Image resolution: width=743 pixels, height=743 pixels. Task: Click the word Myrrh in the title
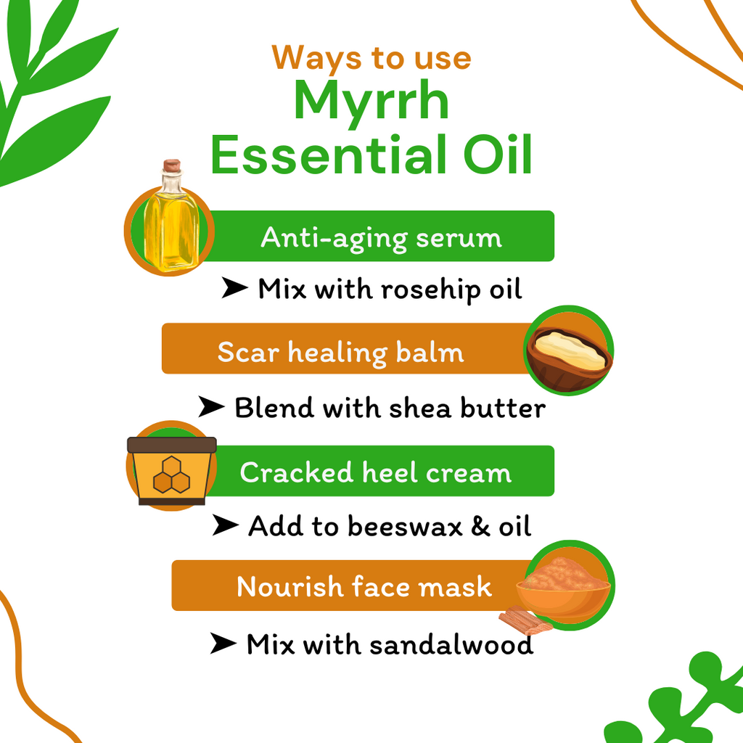[x=371, y=104]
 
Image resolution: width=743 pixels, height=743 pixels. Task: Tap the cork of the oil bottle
[x=171, y=166]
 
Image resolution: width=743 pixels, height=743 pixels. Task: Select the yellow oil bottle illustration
[x=171, y=225]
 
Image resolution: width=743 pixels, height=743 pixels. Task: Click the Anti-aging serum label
[x=381, y=237]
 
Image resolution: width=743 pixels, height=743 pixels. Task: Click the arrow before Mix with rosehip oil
[x=234, y=289]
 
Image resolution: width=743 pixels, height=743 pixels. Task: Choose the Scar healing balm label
[x=340, y=352]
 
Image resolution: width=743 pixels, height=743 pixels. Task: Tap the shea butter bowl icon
[x=569, y=351]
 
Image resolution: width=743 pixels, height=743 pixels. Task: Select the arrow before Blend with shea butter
[x=211, y=408]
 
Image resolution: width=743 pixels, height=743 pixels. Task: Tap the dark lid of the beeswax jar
[x=172, y=445]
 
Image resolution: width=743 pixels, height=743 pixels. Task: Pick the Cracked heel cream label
[x=375, y=472]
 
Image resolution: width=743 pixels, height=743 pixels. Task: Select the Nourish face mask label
[x=364, y=586]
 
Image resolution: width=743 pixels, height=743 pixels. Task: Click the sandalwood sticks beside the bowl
[x=525, y=618]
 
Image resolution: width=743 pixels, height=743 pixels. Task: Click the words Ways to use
[x=371, y=57]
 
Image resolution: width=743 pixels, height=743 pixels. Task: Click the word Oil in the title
[x=501, y=156]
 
